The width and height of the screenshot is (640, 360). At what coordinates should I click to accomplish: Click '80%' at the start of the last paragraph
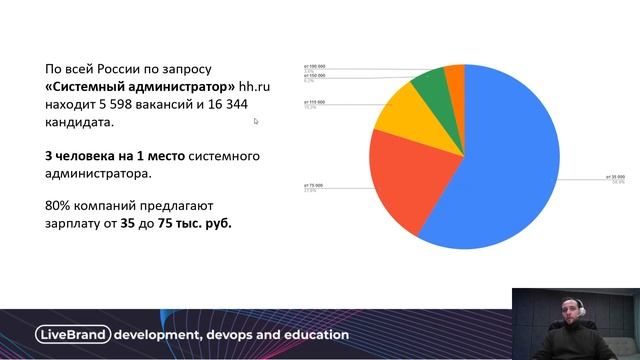58,206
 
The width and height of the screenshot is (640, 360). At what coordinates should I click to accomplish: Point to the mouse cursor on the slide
256,121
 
